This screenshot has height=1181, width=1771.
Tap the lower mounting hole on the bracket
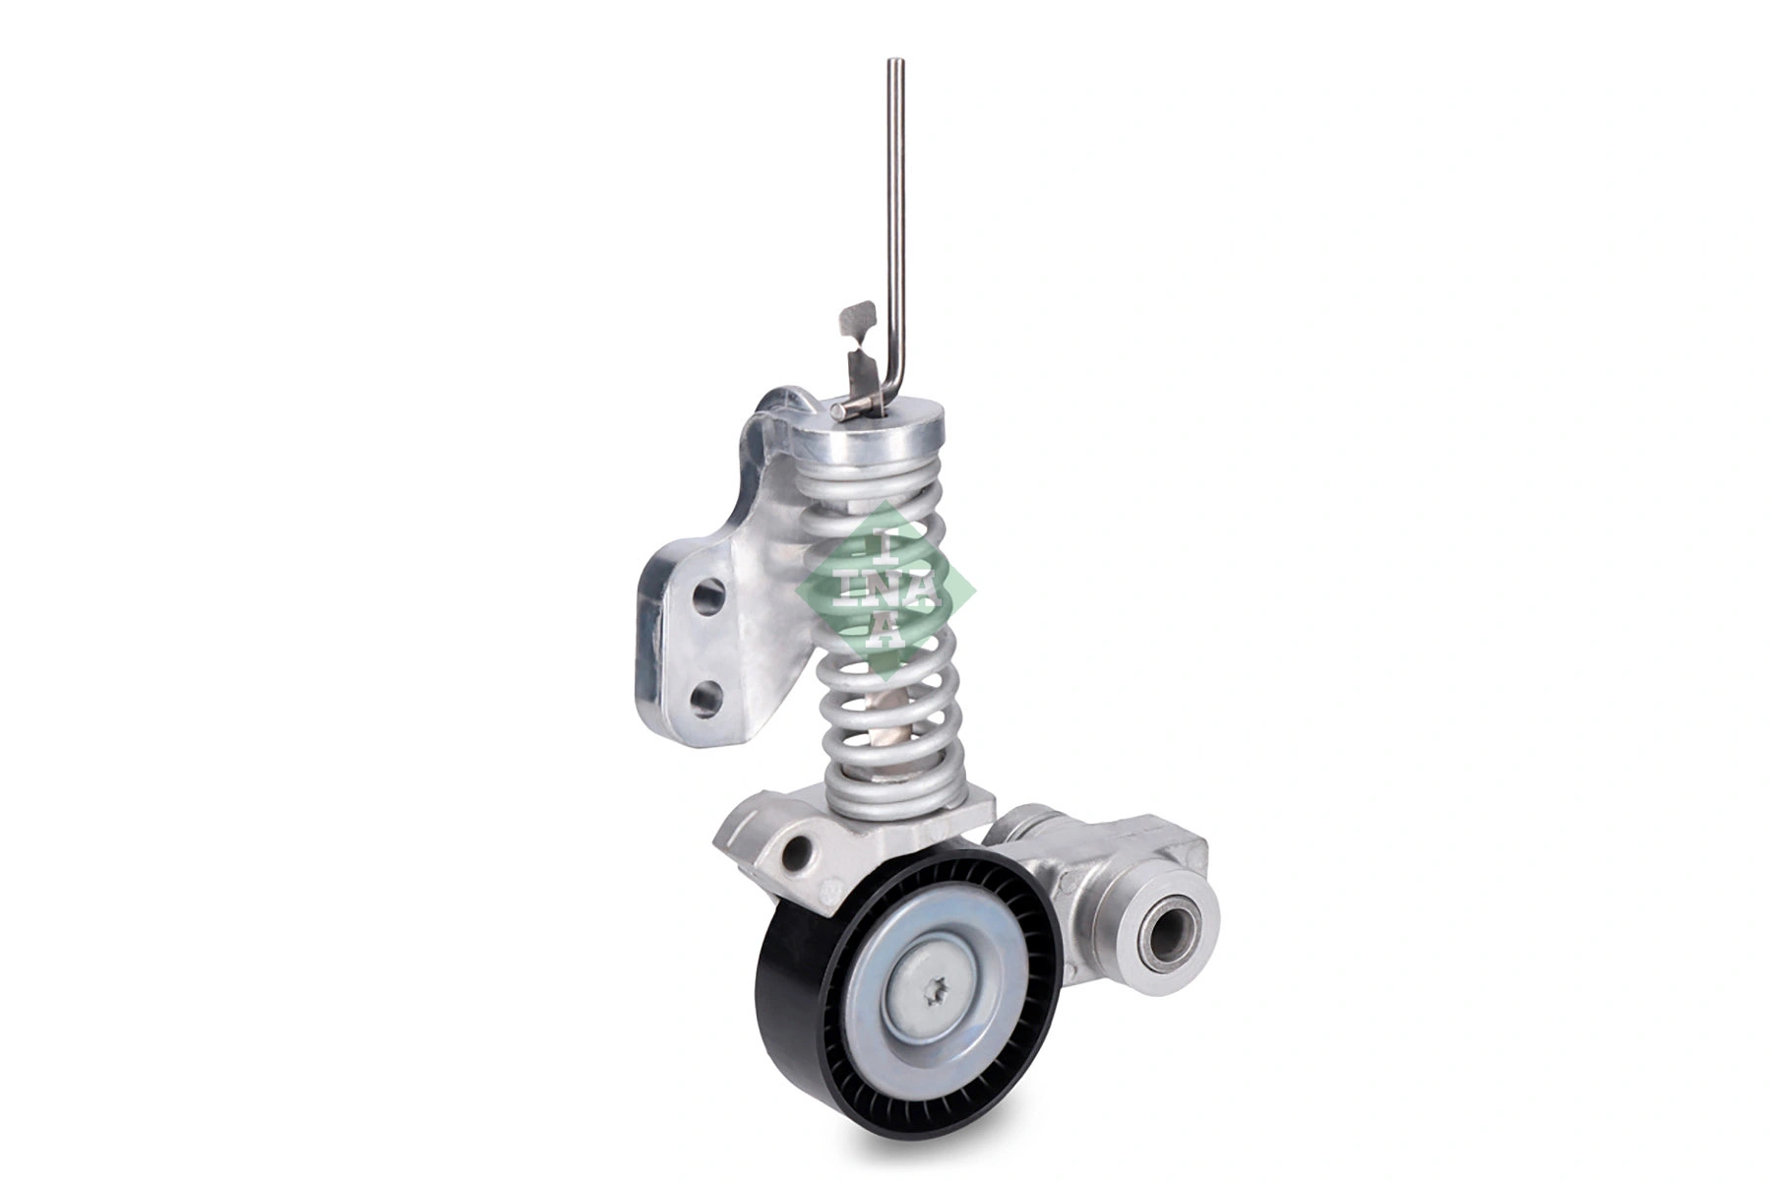(x=707, y=700)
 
